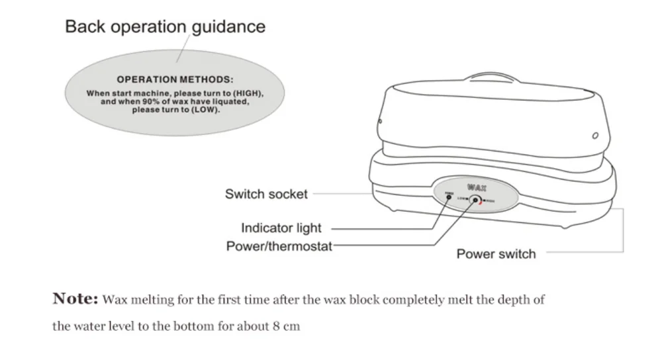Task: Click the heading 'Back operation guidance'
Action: (x=165, y=27)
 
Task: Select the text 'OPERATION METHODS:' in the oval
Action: (x=175, y=79)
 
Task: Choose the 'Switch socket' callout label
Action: (x=266, y=194)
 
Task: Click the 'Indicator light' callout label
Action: (x=281, y=228)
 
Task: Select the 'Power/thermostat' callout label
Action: (x=279, y=246)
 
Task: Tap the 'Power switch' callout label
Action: (x=496, y=253)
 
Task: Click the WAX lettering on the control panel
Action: (x=476, y=188)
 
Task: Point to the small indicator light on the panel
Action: (x=449, y=198)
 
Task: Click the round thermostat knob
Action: (x=475, y=199)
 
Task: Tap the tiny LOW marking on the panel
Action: (x=461, y=199)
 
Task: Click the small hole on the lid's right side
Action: (x=595, y=136)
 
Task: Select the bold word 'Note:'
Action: (x=75, y=299)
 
